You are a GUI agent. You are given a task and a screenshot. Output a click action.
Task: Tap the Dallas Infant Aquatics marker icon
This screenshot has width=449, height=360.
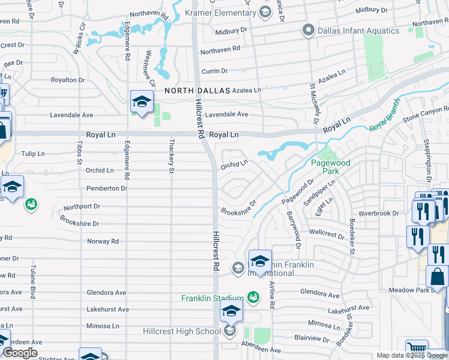(309, 29)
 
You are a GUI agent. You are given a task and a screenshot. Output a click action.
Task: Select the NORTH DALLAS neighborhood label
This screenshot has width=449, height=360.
(197, 90)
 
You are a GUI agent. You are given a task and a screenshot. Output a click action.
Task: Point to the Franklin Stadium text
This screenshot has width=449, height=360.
(211, 298)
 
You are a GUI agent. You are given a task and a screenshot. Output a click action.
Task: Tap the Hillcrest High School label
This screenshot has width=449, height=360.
(181, 332)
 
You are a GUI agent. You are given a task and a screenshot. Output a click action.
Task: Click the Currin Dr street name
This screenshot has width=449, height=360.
(214, 71)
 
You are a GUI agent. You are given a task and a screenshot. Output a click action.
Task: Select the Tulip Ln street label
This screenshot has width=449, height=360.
(32, 154)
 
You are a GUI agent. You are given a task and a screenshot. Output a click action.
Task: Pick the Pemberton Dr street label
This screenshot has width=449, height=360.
(107, 188)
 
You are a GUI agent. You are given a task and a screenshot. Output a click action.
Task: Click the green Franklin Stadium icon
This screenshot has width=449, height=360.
(253, 297)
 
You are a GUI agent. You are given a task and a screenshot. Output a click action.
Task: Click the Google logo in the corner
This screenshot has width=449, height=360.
(20, 353)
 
